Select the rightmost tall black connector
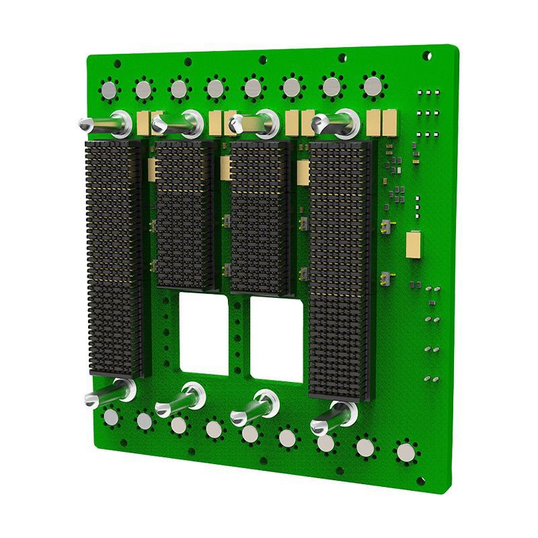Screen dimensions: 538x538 point(340,269)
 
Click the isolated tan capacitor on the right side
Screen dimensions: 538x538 point(414,244)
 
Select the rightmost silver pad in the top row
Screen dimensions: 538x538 point(371,85)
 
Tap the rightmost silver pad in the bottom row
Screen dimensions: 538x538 point(406,452)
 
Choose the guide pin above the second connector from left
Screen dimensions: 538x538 point(178,123)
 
